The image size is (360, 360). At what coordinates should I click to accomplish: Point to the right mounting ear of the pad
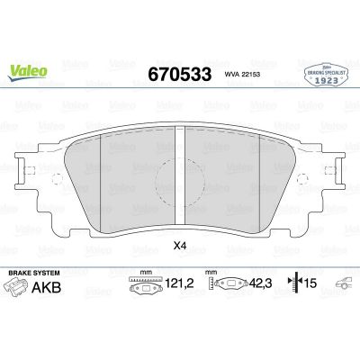point(331,170)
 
